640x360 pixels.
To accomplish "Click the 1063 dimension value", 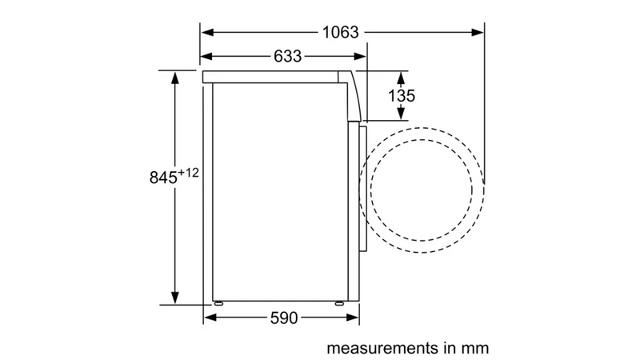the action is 341,32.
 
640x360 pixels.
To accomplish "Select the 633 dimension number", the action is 288,56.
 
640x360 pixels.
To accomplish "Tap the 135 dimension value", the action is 402,96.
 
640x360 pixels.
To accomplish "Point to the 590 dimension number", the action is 284,318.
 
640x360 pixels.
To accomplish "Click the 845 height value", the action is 163,178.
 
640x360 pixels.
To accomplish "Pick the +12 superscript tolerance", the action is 189,173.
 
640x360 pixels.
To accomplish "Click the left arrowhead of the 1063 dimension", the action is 207,32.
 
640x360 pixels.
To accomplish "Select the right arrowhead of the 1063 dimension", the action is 478,32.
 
